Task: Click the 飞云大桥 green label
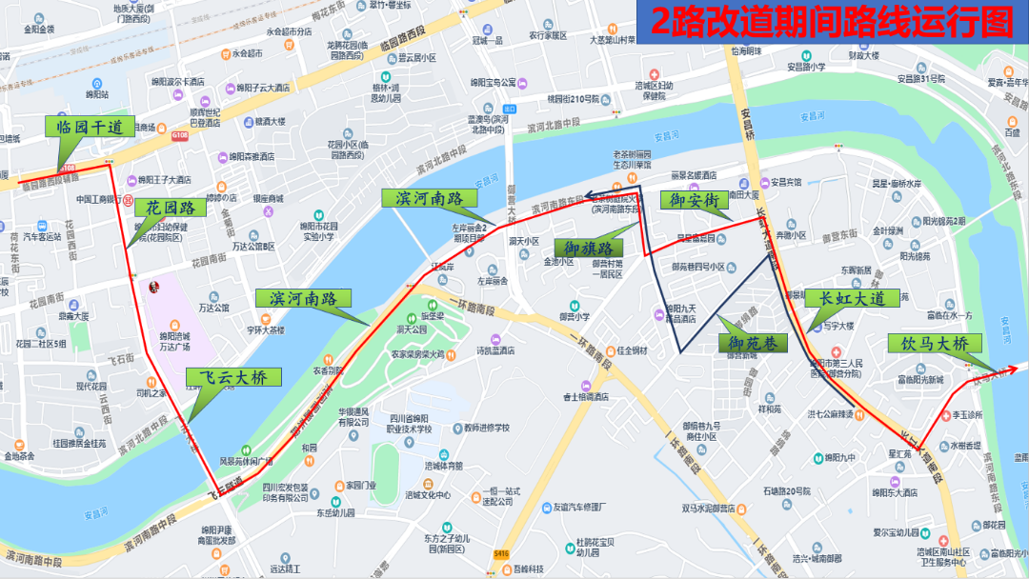pos(232,377)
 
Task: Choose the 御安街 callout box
pos(694,200)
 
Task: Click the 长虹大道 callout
pos(852,298)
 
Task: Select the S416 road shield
pos(502,552)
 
